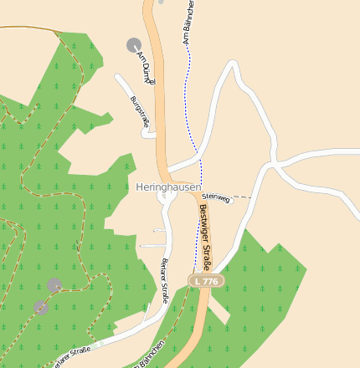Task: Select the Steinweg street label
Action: pos(216,198)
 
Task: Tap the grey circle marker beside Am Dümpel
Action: pos(134,44)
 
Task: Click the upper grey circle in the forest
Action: pos(54,285)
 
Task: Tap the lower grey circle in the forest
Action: pos(39,307)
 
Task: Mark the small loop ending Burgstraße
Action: pos(147,132)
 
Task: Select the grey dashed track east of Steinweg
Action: pos(241,197)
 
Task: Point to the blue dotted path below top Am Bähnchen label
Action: pos(189,92)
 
